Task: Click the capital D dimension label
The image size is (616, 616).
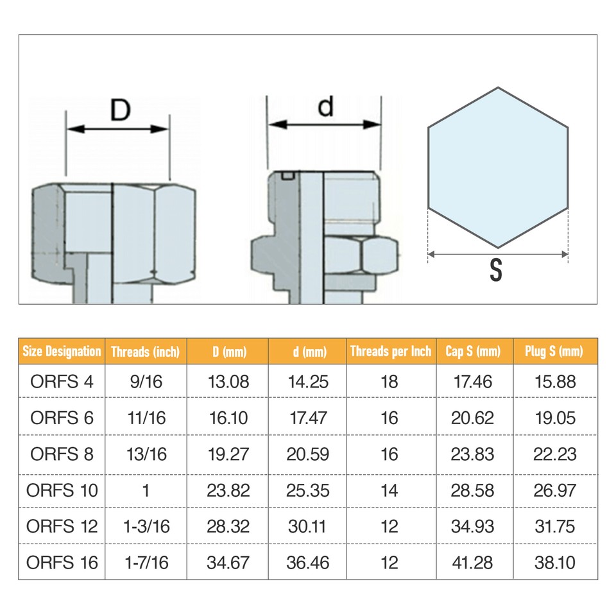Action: (119, 110)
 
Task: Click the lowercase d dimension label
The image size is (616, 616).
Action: (326, 107)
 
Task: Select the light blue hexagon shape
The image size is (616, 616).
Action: (498, 167)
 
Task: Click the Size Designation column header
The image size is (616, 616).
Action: (62, 351)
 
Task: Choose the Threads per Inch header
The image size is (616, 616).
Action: (390, 351)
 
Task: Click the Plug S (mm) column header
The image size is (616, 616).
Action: (555, 351)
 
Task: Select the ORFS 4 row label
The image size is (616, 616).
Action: (62, 382)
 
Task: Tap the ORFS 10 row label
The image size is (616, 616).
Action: (62, 491)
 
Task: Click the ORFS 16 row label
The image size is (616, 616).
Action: (62, 563)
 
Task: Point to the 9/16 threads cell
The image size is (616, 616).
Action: (146, 382)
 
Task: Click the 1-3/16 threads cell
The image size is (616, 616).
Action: (146, 527)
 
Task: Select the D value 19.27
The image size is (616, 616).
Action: (228, 454)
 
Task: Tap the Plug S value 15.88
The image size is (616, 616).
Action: (555, 382)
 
